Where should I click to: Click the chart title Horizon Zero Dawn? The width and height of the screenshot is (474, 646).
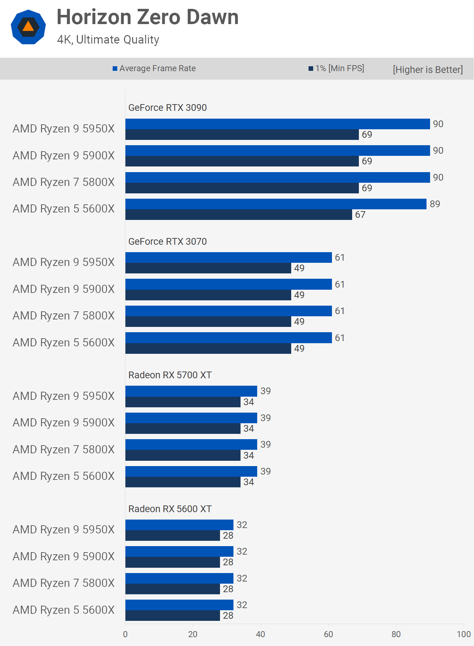pyautogui.click(x=147, y=17)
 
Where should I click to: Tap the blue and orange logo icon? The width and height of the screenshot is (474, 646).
pyautogui.click(x=28, y=27)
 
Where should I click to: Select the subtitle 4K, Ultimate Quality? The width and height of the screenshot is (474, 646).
pyautogui.click(x=108, y=40)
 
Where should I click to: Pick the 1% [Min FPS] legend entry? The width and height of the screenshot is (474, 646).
pyautogui.click(x=336, y=68)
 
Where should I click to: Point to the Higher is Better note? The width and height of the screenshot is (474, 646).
pyautogui.click(x=428, y=69)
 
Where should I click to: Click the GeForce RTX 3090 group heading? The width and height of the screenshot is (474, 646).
pyautogui.click(x=167, y=108)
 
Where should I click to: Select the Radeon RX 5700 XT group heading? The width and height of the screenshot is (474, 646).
pyautogui.click(x=170, y=375)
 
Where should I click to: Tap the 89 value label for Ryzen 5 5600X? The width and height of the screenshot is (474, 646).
pyautogui.click(x=435, y=204)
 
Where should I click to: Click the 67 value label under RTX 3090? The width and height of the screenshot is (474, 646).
pyautogui.click(x=360, y=215)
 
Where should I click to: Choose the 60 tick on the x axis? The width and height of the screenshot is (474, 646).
pyautogui.click(x=328, y=634)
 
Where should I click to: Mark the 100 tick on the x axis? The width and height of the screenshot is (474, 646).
pyautogui.click(x=463, y=634)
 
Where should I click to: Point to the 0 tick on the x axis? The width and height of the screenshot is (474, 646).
pyautogui.click(x=125, y=634)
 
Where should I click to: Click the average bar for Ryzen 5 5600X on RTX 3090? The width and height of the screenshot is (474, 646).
pyautogui.click(x=276, y=204)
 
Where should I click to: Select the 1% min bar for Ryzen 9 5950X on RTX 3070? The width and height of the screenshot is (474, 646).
pyautogui.click(x=208, y=268)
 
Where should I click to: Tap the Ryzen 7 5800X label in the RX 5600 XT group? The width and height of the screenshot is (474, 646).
pyautogui.click(x=64, y=583)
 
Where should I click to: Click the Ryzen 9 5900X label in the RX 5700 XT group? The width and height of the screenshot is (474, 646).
pyautogui.click(x=64, y=423)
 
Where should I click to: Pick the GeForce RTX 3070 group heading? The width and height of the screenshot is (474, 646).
pyautogui.click(x=167, y=242)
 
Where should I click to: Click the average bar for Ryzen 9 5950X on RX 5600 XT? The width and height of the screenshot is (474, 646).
pyautogui.click(x=179, y=525)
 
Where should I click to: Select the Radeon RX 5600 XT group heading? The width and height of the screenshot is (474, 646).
pyautogui.click(x=170, y=509)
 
